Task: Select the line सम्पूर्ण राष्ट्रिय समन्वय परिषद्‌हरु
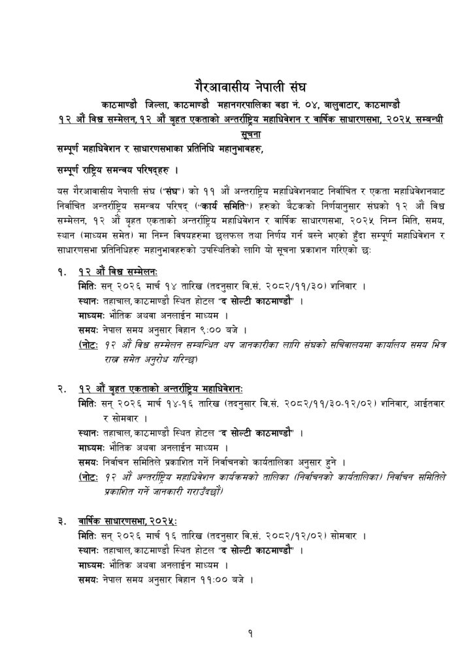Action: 118,171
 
